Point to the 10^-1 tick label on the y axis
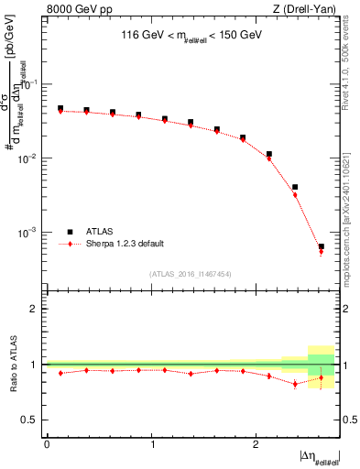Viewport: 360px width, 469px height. (29, 85)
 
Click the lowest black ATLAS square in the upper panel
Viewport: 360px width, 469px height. (321, 246)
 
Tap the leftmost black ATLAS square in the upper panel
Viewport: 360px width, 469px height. (60, 108)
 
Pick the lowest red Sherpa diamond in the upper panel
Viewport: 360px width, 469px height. (321, 252)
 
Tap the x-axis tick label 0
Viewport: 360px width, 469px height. (47, 443)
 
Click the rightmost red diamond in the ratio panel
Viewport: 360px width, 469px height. (321, 377)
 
